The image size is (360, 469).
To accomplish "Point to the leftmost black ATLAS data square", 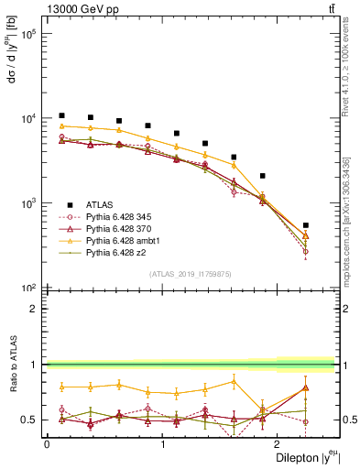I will pos(61,115).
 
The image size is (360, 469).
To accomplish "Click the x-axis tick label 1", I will pos(163,444).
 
